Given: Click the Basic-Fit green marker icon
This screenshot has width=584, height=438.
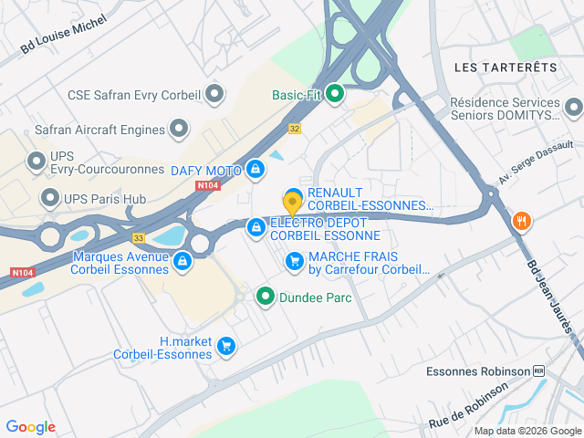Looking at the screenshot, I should click(336, 93).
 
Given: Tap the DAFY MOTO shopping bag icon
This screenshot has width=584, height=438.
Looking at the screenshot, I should click(256, 170).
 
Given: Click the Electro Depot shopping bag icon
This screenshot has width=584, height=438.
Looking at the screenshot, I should click(256, 225).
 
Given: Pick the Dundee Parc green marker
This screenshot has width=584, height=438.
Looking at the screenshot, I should click(266, 296).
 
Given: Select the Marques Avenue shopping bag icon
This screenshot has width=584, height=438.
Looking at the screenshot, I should click(182, 262).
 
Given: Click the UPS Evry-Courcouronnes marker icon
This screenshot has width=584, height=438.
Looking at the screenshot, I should click(36, 162).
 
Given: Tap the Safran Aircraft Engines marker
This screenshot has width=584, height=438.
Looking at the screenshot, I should click(179, 129).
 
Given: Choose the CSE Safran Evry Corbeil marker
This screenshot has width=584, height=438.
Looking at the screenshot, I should click(215, 93).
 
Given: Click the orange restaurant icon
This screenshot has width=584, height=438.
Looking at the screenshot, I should click(521, 220).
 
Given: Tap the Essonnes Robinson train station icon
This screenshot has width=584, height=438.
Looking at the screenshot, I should click(538, 371).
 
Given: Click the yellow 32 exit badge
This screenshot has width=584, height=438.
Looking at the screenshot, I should click(294, 129).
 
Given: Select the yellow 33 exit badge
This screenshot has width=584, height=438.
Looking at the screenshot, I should click(139, 237).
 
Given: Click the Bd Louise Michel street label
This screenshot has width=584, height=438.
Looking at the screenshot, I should click(64, 35).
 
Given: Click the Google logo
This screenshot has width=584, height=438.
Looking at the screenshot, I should click(30, 427).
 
